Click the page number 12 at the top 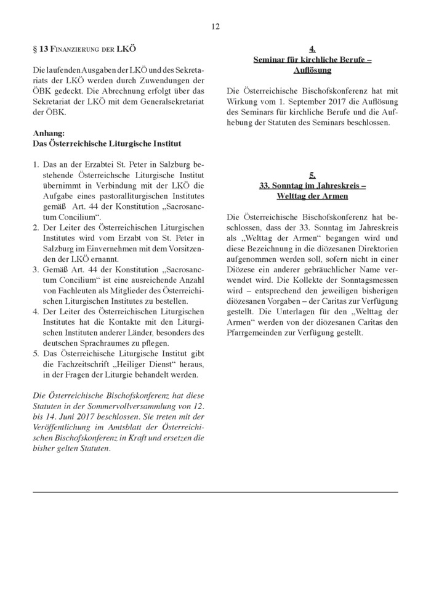point(215,26)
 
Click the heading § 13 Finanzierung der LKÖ point(84,49)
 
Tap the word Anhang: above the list point(47,133)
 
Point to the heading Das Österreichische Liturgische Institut point(107,144)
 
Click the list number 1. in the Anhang point(36,166)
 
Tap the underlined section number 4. point(312,49)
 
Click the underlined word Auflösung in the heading point(312,70)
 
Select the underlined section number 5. point(312,175)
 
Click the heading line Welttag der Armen point(312,196)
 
